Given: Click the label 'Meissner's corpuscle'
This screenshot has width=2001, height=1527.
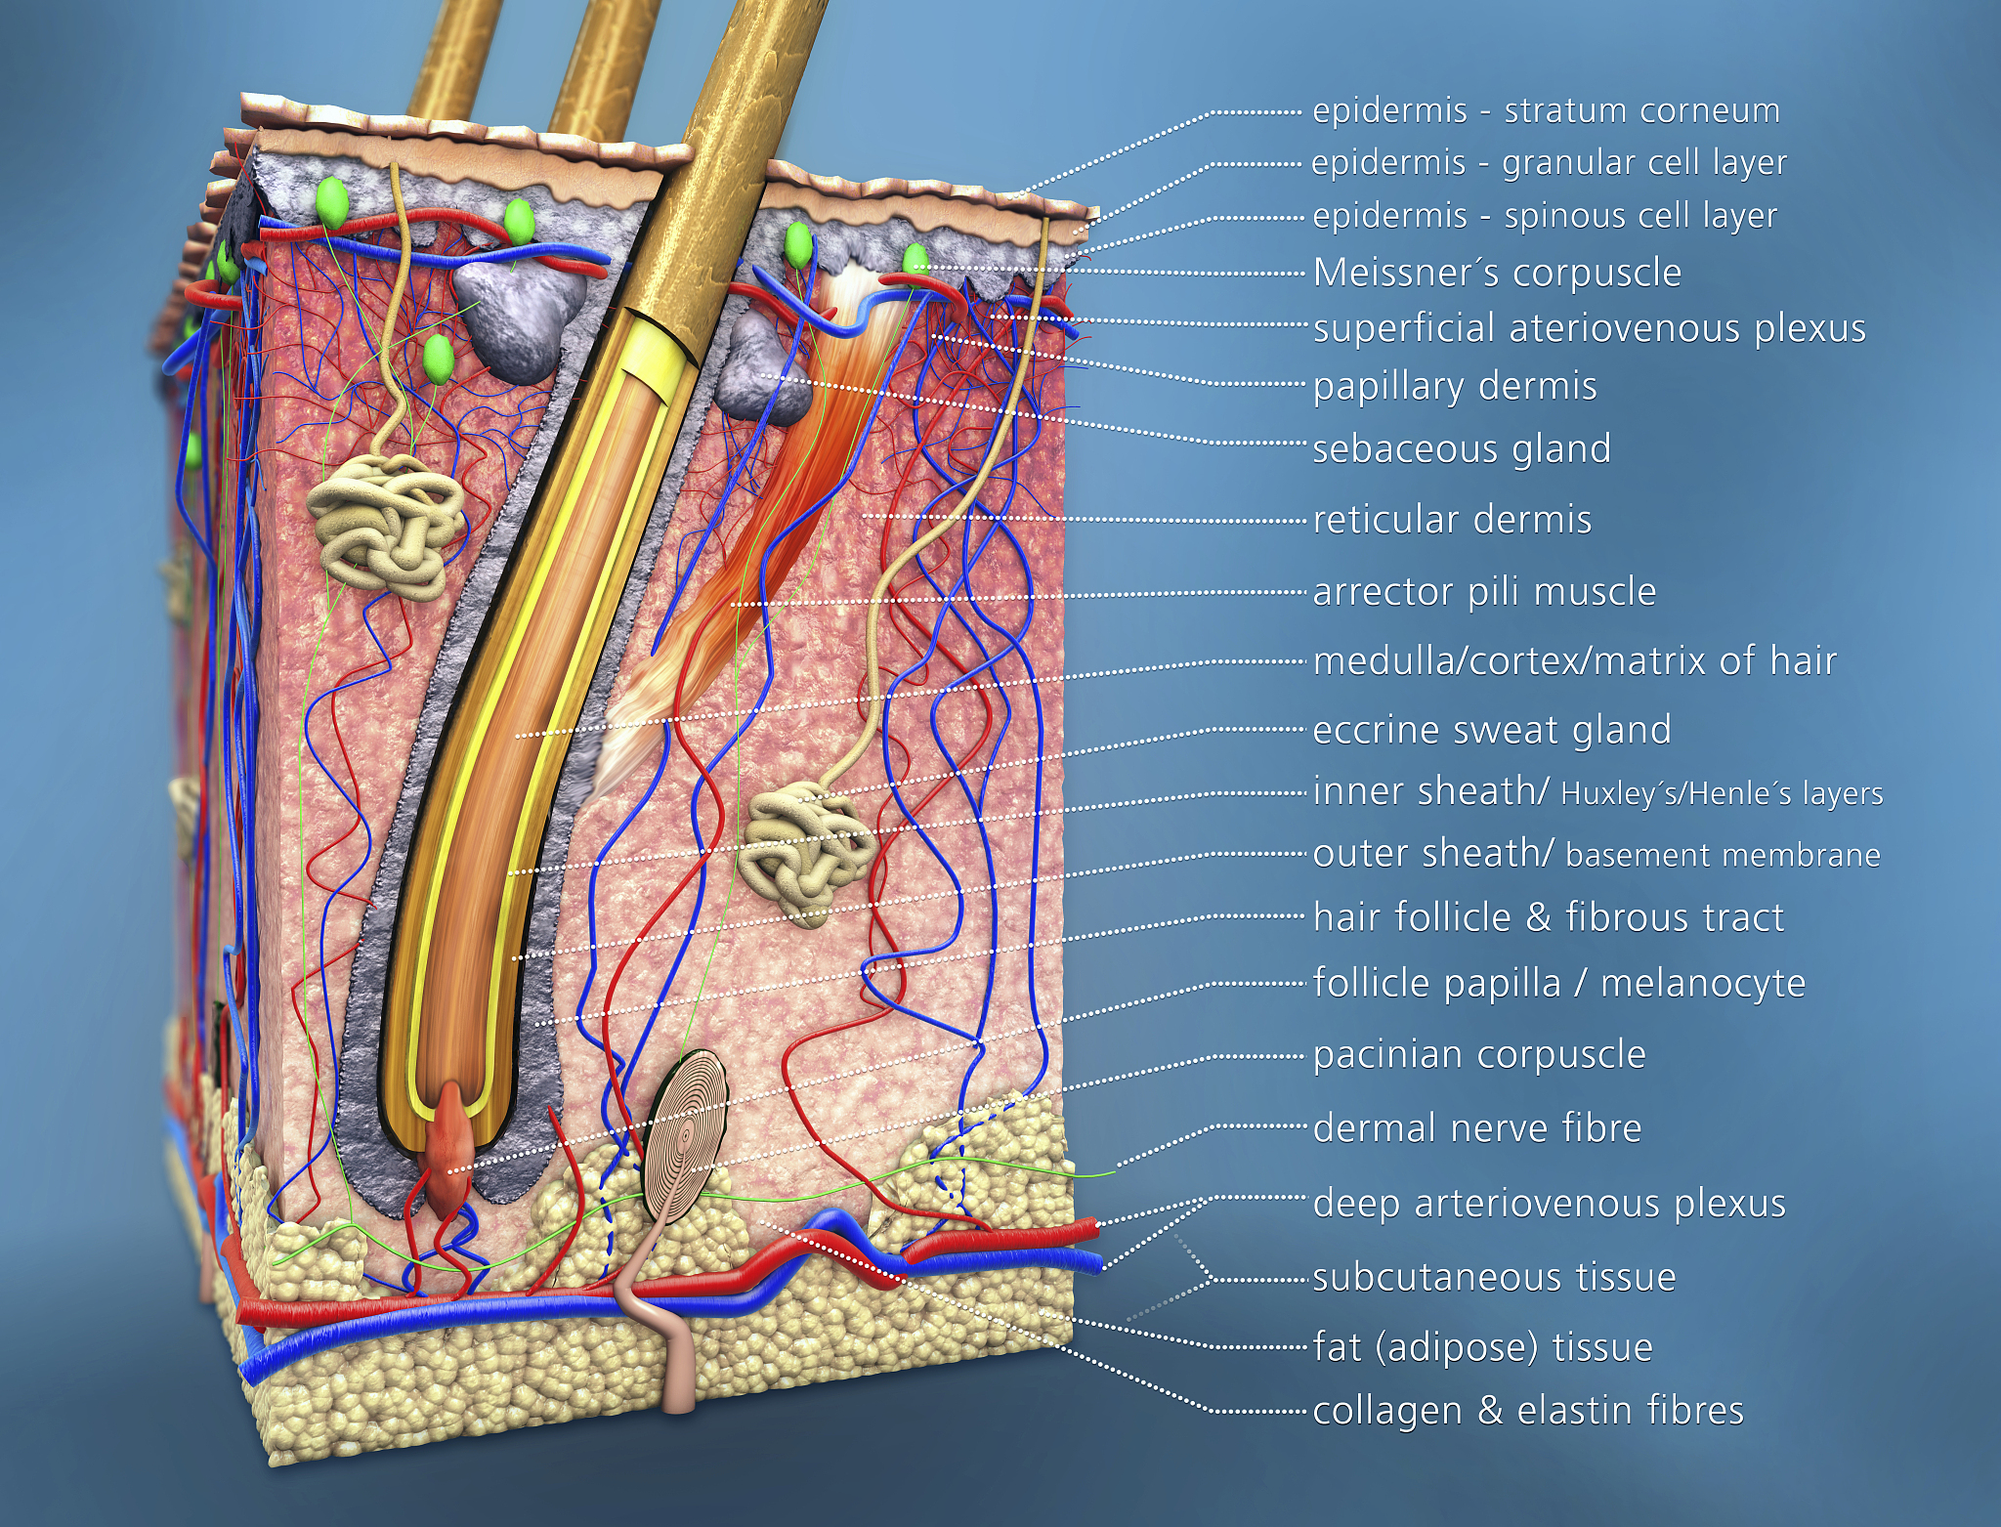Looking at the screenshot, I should pyautogui.click(x=1497, y=274).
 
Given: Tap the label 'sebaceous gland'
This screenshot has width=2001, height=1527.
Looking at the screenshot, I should pyautogui.click(x=1461, y=449).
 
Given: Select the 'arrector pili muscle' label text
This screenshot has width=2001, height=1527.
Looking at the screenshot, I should pyautogui.click(x=1484, y=592).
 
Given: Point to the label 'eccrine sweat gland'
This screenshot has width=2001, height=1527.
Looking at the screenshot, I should pyautogui.click(x=1491, y=730).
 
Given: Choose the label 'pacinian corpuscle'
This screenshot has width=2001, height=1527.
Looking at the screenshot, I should pyautogui.click(x=1479, y=1055).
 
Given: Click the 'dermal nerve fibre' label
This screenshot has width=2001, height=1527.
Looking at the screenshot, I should pyautogui.click(x=1476, y=1128).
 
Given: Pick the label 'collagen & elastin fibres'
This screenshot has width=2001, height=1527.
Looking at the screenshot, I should pyautogui.click(x=1528, y=1411).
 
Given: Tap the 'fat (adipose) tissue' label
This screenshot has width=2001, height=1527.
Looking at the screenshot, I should pyautogui.click(x=1482, y=1347).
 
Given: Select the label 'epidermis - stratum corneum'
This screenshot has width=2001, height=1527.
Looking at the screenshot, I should pyautogui.click(x=1546, y=111).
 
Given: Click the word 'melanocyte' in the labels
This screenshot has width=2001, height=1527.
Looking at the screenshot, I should pyautogui.click(x=1703, y=983).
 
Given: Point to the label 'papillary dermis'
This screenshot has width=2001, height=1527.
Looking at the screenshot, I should pyautogui.click(x=1455, y=387).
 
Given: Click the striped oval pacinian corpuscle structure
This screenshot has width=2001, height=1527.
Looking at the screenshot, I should pyautogui.click(x=686, y=1133).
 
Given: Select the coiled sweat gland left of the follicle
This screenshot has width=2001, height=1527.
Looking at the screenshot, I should pyautogui.click(x=386, y=523).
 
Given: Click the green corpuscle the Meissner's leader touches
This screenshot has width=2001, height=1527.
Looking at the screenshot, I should pyautogui.click(x=915, y=260).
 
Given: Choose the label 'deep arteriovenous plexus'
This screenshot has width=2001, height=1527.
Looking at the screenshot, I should pyautogui.click(x=1549, y=1204).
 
